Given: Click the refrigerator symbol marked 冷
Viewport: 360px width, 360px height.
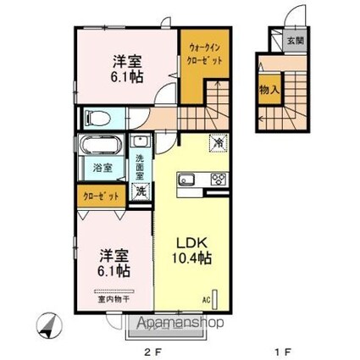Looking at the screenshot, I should tap(218, 144).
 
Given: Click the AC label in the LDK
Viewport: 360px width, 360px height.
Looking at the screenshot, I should tap(205, 299).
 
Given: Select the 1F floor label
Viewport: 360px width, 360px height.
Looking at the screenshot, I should tap(289, 346).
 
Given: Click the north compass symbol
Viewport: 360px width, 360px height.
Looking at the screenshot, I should tap(50, 324).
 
